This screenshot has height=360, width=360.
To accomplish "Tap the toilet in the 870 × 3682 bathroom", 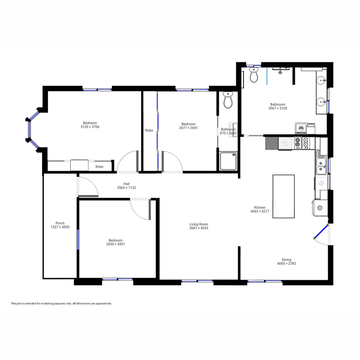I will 228,100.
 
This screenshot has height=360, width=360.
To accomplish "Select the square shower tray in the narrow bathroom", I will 228,161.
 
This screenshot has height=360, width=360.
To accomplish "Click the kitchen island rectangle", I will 283,196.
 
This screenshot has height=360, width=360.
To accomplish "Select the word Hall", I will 126,184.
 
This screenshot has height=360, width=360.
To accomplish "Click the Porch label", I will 60,223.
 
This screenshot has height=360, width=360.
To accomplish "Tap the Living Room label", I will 199,224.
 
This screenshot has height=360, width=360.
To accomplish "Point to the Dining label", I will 286,260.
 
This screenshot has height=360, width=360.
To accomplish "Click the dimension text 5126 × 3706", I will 90,127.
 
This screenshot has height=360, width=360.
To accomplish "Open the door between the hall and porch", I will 87,187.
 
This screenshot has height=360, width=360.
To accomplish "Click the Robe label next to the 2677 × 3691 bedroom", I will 149,130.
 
